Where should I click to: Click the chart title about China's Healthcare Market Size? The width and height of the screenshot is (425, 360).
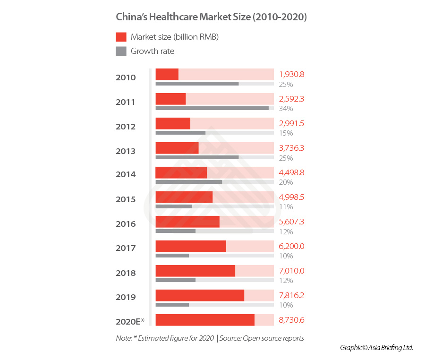pyautogui.click(x=212, y=17)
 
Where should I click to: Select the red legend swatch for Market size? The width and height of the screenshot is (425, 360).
pyautogui.click(x=121, y=37)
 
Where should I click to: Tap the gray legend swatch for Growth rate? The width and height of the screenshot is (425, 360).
pyautogui.click(x=121, y=51)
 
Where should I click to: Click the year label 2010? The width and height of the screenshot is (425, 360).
pyautogui.click(x=126, y=77)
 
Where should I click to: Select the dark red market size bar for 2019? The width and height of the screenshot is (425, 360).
pyautogui.click(x=200, y=295)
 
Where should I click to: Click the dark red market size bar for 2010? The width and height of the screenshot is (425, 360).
pyautogui.click(x=167, y=74)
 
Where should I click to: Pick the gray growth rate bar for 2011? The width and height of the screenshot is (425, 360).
pyautogui.click(x=212, y=108)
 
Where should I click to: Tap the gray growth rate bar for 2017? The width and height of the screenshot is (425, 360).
pyautogui.click(x=172, y=256)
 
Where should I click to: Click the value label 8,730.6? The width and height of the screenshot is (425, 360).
pyautogui.click(x=291, y=320)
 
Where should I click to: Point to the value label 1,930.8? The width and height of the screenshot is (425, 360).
pyautogui.click(x=291, y=74)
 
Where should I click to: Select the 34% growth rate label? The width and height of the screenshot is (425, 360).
pyautogui.click(x=286, y=109)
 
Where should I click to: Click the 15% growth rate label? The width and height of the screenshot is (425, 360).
pyautogui.click(x=286, y=133)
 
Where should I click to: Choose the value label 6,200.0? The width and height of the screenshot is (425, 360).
pyautogui.click(x=291, y=246)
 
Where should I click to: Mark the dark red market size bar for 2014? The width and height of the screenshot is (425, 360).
pyautogui.click(x=181, y=172)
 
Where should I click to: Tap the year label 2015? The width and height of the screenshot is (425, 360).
pyautogui.click(x=126, y=199)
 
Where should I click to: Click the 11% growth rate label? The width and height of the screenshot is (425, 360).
pyautogui.click(x=286, y=207)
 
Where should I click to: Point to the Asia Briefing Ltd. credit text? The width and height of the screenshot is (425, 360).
pyautogui.click(x=376, y=348)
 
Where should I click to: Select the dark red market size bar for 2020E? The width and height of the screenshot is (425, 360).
pyautogui.click(x=205, y=320)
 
